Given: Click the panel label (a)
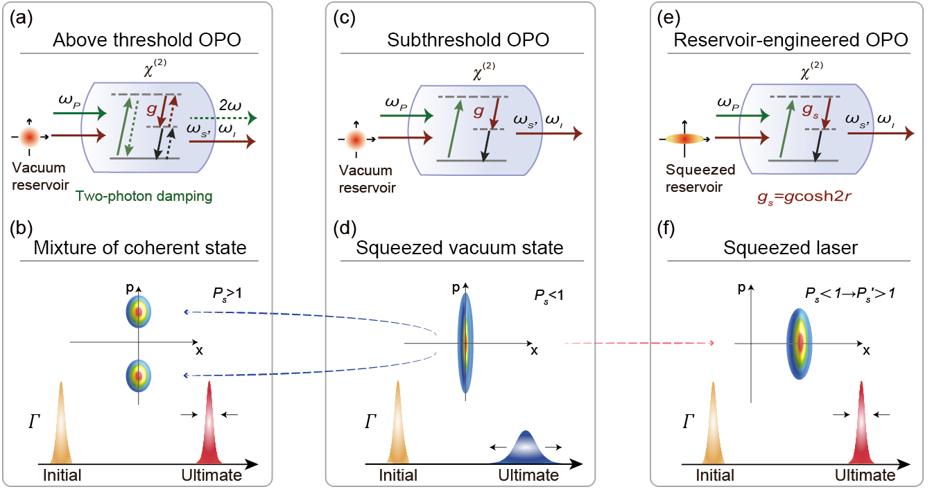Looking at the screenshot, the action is [x=21, y=18].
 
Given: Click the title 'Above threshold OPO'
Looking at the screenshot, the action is [x=147, y=40].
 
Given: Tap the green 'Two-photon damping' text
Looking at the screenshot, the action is [x=144, y=196].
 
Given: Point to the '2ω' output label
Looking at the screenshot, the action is [x=230, y=105].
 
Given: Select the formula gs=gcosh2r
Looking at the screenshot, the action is [x=804, y=196].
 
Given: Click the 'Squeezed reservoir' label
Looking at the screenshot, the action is [x=700, y=178].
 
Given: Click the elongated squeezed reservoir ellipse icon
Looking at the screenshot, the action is [x=684, y=139].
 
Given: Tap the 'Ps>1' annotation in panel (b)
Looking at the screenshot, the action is [x=227, y=294].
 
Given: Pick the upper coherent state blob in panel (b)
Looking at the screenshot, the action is [x=139, y=312].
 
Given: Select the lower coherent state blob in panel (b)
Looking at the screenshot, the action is [x=139, y=376].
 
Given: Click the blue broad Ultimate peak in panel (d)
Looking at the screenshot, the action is [x=526, y=448].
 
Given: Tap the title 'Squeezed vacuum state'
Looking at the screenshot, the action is [x=459, y=248].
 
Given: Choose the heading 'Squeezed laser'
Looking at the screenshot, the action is [x=790, y=248].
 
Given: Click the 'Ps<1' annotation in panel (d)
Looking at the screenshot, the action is [x=549, y=295].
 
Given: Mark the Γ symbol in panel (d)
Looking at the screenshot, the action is [x=370, y=422].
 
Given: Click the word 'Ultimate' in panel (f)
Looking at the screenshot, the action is [x=865, y=475].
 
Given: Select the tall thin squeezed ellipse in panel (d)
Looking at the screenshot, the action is [x=465, y=343].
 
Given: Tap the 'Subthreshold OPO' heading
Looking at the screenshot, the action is [x=467, y=40].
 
